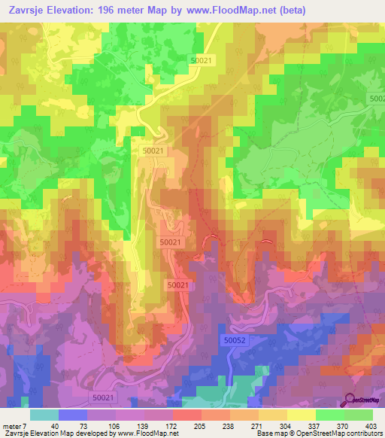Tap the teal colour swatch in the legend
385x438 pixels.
pos(44,415)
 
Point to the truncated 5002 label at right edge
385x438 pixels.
pos(377,99)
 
